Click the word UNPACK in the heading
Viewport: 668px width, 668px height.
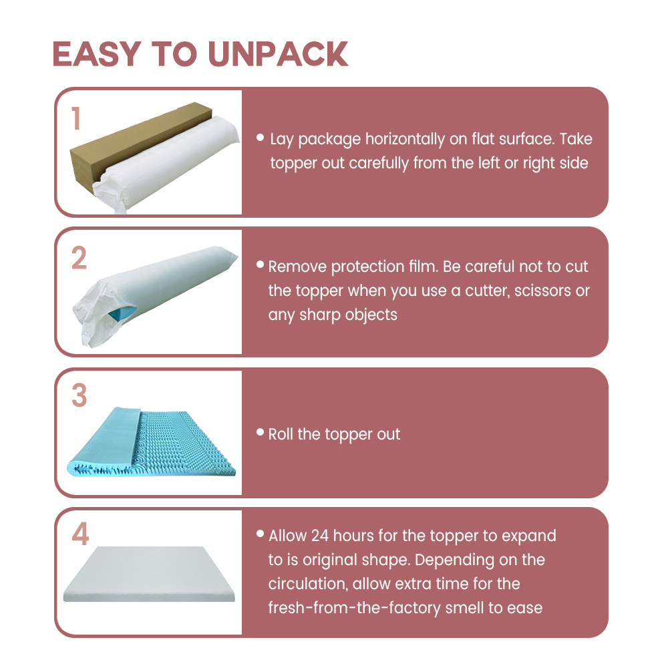pos(278,54)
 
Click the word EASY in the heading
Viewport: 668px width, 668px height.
pos(97,54)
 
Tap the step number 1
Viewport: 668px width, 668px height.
pos(76,118)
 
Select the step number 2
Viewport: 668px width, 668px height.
pos(79,258)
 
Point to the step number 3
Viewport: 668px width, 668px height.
pos(79,395)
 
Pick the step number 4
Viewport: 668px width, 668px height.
pos(80,534)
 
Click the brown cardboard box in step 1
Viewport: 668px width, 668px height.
pos(128,145)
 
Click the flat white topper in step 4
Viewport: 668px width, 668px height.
pos(149,574)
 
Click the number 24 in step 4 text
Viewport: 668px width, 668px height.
pos(319,536)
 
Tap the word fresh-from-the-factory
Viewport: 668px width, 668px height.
pos(354,608)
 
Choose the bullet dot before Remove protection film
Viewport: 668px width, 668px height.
pos(261,265)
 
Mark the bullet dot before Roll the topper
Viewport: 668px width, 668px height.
pos(261,432)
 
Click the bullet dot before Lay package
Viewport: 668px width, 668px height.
pos(261,137)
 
